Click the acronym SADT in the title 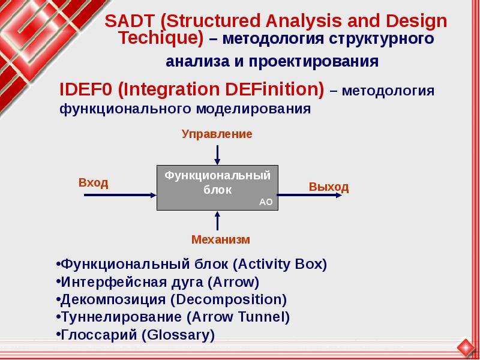130,21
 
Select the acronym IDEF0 86,89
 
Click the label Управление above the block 217,134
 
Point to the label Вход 94,183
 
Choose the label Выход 329,187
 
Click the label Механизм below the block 221,239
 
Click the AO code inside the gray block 266,202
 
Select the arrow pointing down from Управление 217,155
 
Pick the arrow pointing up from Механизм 217,221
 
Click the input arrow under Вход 120,195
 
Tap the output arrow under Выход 309,195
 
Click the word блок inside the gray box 218,190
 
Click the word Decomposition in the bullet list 229,299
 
